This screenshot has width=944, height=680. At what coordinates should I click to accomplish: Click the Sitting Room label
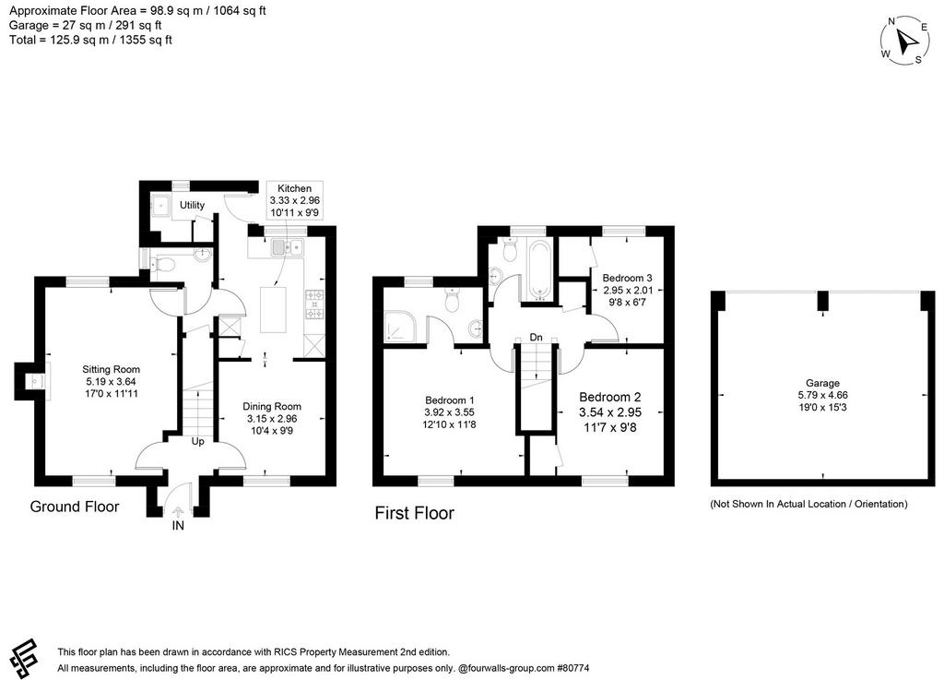pyautogui.click(x=111, y=369)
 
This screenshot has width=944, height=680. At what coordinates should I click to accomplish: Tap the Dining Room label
pyautogui.click(x=272, y=407)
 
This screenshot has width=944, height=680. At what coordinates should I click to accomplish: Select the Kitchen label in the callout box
pyautogui.click(x=294, y=188)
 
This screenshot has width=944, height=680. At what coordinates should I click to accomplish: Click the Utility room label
pyautogui.click(x=192, y=206)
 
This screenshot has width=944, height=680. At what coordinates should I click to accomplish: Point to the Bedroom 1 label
pyautogui.click(x=450, y=400)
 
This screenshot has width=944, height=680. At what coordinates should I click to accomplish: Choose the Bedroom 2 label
pyautogui.click(x=610, y=398)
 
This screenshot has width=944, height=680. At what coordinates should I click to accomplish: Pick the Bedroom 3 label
pyautogui.click(x=627, y=279)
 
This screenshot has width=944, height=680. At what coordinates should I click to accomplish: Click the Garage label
pyautogui.click(x=822, y=383)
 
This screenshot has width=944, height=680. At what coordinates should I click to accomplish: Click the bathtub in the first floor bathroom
pyautogui.click(x=538, y=269)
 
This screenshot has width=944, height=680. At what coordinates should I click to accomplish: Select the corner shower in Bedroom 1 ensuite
pyautogui.click(x=398, y=327)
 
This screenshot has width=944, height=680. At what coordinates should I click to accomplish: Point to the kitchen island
pyautogui.click(x=273, y=310)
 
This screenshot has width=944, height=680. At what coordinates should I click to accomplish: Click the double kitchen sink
pyautogui.click(x=289, y=247)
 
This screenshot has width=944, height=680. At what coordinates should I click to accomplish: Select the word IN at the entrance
pyautogui.click(x=178, y=526)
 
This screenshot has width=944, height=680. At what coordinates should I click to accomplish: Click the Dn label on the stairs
pyautogui.click(x=536, y=338)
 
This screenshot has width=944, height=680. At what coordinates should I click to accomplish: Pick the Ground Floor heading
pyautogui.click(x=75, y=507)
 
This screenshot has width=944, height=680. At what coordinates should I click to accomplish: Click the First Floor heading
pyautogui.click(x=414, y=513)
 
